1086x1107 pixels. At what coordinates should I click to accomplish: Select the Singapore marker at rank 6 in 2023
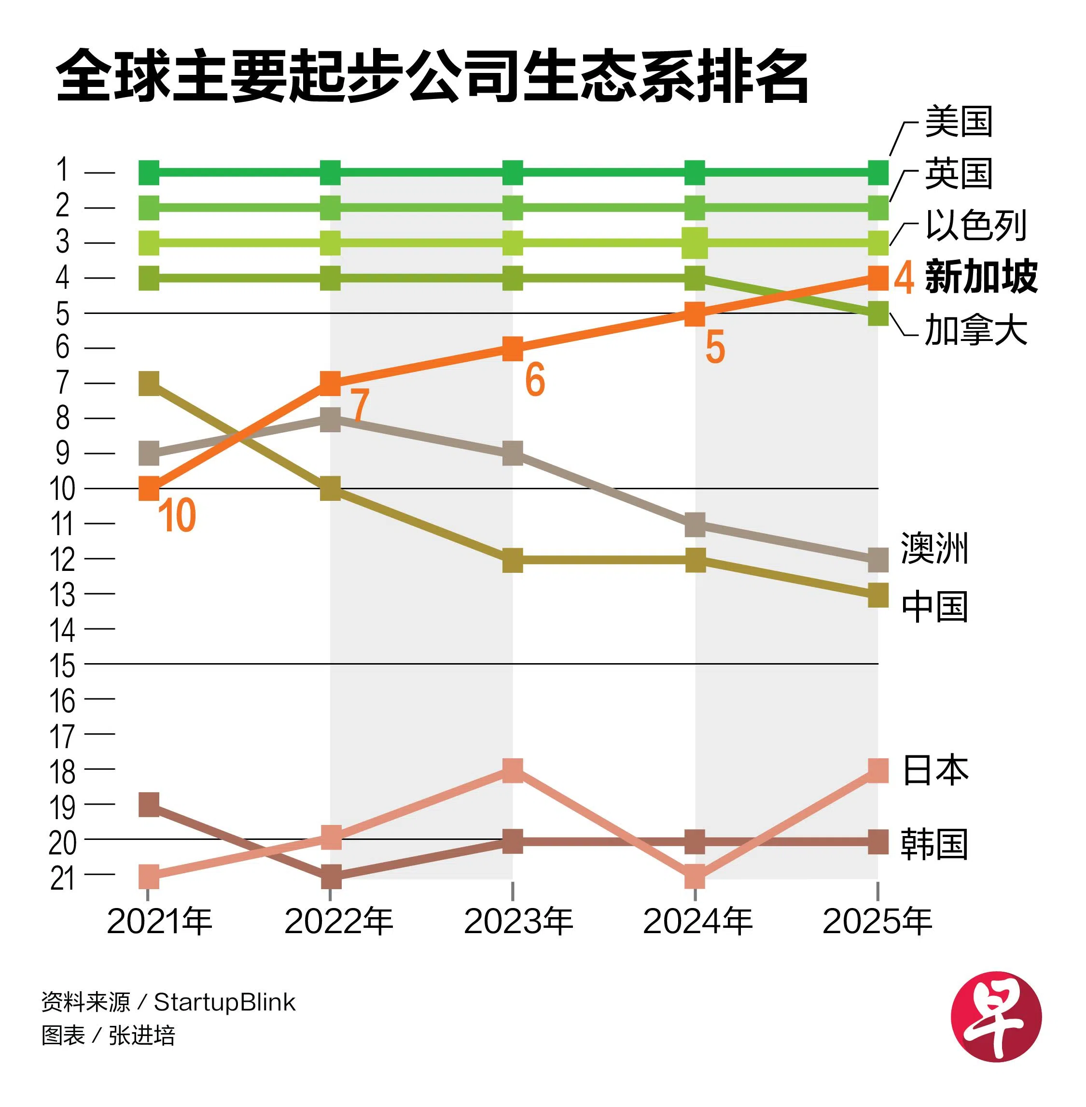(513, 348)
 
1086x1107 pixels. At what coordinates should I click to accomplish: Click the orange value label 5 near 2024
(715, 347)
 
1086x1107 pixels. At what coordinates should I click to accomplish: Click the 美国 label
(959, 122)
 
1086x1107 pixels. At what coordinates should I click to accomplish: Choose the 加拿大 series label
(976, 330)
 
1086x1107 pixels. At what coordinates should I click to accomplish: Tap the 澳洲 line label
(935, 548)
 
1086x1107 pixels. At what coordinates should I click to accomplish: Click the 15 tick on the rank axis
(63, 666)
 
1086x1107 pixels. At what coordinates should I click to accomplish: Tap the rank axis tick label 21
(63, 879)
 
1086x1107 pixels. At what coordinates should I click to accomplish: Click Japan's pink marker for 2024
(695, 877)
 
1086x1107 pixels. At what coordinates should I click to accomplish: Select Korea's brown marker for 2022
(331, 877)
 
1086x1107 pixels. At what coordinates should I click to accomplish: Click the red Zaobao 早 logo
(996, 1016)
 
